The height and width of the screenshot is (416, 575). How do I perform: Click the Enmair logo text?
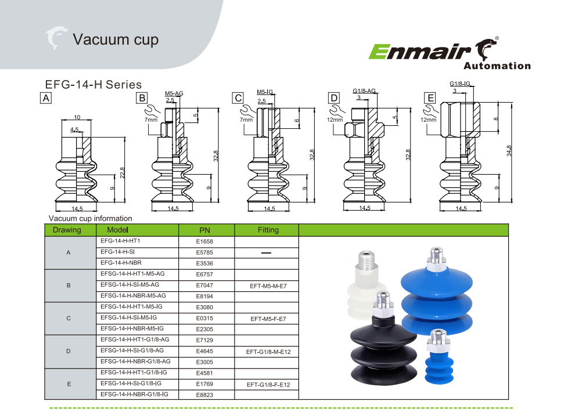419,51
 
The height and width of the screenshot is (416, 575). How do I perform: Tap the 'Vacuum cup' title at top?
116,39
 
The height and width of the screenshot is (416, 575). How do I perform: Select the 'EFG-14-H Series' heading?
93,85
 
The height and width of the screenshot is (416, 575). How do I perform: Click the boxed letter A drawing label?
46,98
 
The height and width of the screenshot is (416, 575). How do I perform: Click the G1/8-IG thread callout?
460,84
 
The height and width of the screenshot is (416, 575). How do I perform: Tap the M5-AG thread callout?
174,93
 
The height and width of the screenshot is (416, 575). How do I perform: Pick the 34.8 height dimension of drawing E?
509,151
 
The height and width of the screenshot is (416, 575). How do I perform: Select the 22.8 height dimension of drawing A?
123,173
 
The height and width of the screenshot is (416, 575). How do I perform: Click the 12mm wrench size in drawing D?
335,120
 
